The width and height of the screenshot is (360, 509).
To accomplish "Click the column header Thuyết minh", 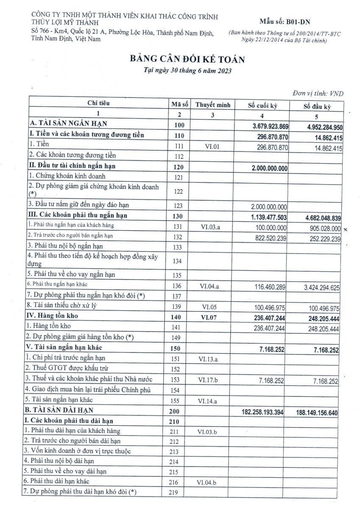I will tap(213, 104).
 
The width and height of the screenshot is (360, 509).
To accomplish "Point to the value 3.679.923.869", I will tap(271, 126).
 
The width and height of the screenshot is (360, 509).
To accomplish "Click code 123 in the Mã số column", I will tap(179, 206).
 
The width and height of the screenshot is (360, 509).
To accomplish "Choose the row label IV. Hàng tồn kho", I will tap(53, 316).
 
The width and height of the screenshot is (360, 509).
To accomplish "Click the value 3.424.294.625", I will tap(316, 287).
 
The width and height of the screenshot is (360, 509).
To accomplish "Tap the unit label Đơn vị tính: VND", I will tap(318, 93).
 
